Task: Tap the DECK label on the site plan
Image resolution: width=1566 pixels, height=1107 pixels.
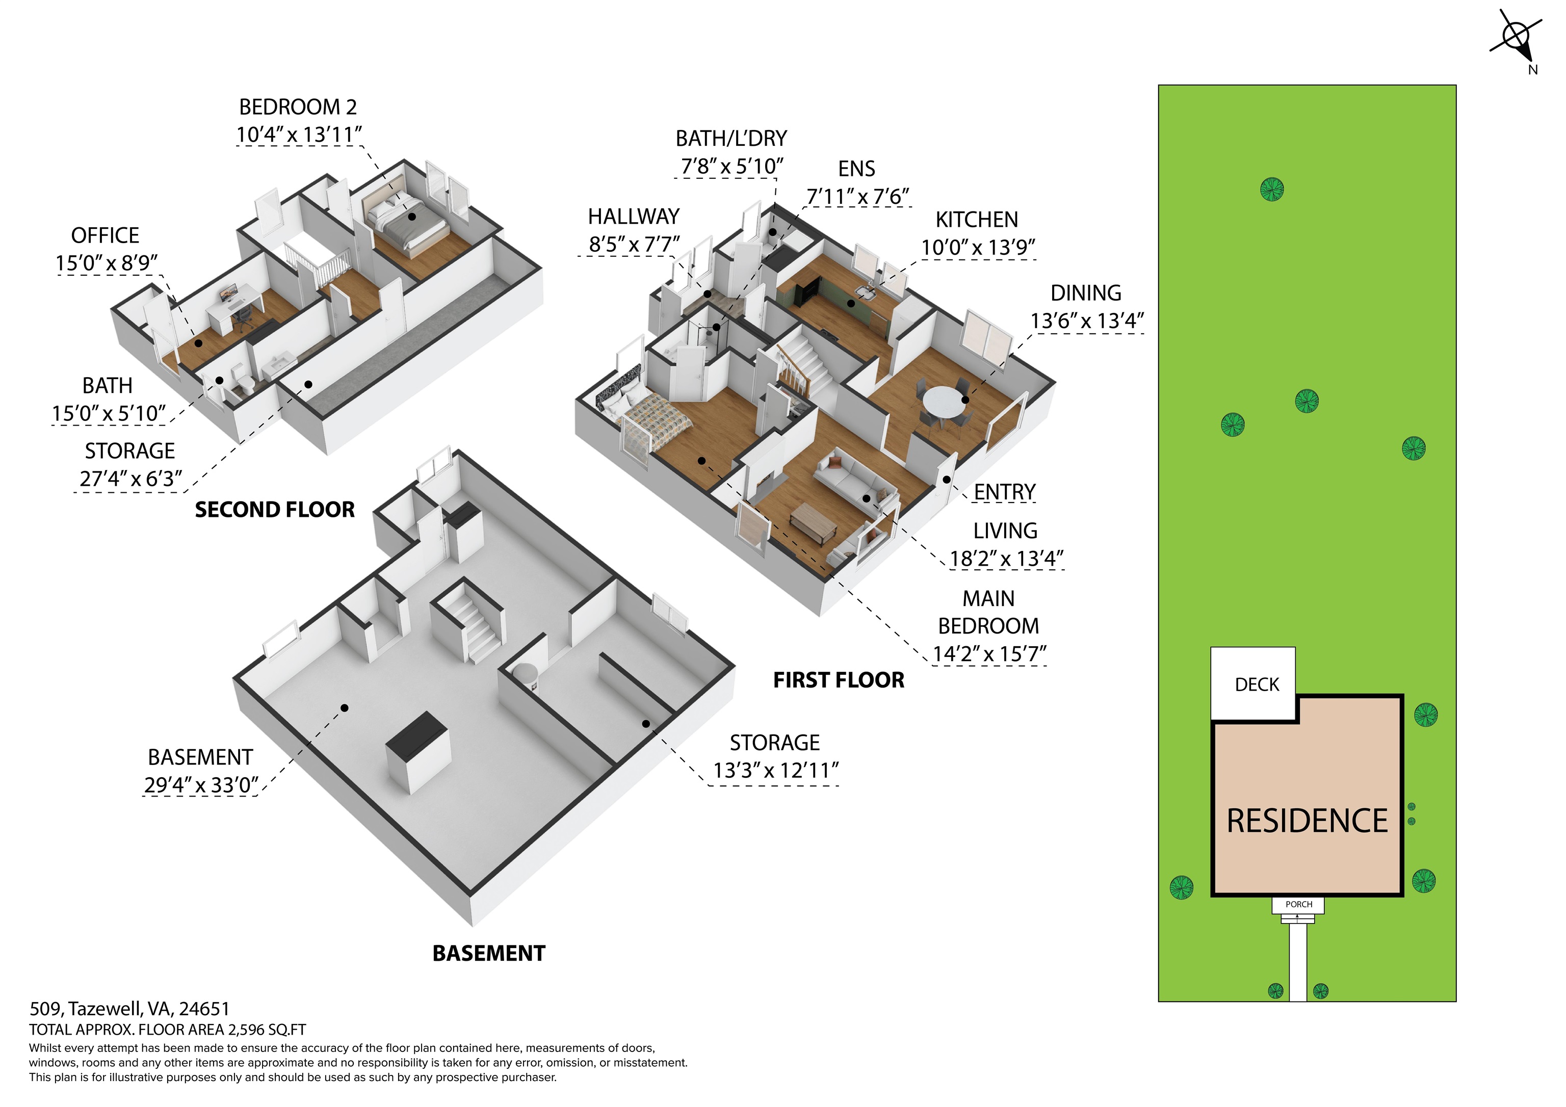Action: (x=1257, y=685)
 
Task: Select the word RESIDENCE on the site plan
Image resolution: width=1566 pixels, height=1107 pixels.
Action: (x=1307, y=821)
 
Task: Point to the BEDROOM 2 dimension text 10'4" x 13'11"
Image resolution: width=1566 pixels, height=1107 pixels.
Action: (x=299, y=135)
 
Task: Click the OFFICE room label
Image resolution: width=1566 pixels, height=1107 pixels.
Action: (x=105, y=235)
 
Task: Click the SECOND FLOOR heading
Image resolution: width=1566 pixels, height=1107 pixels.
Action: (x=275, y=510)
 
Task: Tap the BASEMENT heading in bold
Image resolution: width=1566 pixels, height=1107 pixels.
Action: (x=488, y=953)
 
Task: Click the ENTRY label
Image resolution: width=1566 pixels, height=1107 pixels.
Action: (x=1004, y=492)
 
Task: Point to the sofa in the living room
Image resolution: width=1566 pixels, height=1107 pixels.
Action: (x=852, y=478)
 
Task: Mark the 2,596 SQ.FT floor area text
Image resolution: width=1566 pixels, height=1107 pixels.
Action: (x=267, y=1030)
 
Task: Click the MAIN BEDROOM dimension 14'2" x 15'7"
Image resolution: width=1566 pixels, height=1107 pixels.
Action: (x=989, y=654)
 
